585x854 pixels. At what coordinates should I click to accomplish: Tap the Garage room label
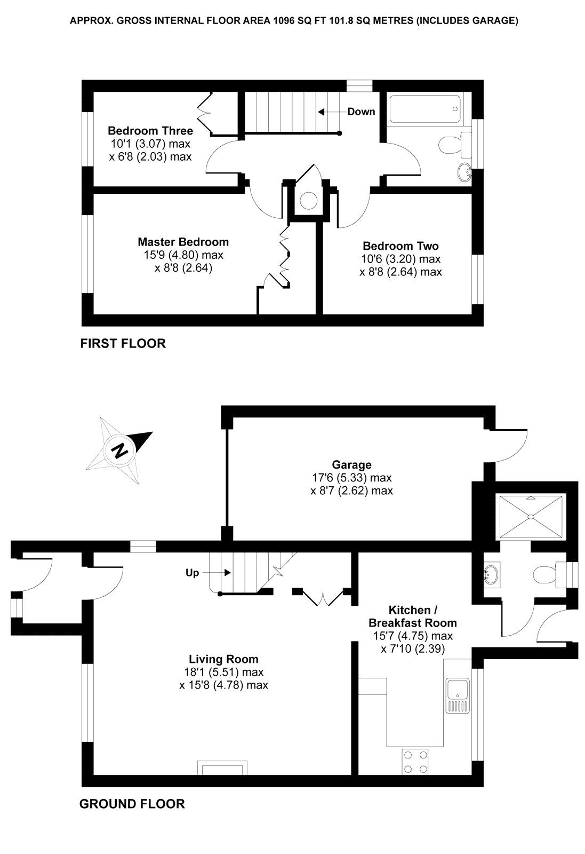click(351, 464)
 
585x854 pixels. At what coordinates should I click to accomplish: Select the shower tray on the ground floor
click(531, 516)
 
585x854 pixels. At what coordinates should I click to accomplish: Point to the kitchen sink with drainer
click(458, 695)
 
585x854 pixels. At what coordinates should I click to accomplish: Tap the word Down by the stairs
click(361, 112)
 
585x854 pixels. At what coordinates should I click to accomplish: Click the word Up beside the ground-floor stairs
click(192, 573)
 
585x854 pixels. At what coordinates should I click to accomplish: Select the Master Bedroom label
click(183, 242)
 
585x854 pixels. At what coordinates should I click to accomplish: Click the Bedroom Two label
click(400, 246)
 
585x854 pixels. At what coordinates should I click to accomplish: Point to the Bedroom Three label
click(150, 131)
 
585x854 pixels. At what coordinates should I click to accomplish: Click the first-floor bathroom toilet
click(452, 144)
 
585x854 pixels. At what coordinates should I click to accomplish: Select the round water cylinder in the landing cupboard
click(308, 201)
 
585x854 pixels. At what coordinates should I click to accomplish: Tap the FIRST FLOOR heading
click(123, 343)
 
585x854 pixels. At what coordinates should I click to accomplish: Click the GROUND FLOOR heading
click(132, 803)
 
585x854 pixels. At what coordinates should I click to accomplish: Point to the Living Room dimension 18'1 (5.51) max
click(223, 673)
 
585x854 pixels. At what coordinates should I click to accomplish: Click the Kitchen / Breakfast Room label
click(413, 616)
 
